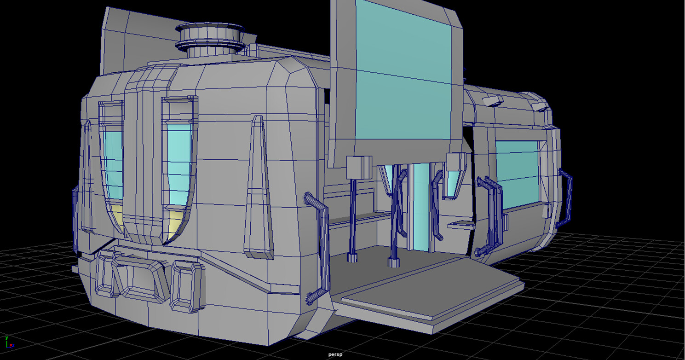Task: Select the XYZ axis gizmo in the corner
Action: (9, 342)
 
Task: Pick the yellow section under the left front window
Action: (115, 216)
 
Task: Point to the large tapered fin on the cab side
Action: (258, 189)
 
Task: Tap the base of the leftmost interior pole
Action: (352, 256)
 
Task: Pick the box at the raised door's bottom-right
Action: (455, 163)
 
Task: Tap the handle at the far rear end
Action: (566, 198)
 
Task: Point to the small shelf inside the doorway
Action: (461, 224)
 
